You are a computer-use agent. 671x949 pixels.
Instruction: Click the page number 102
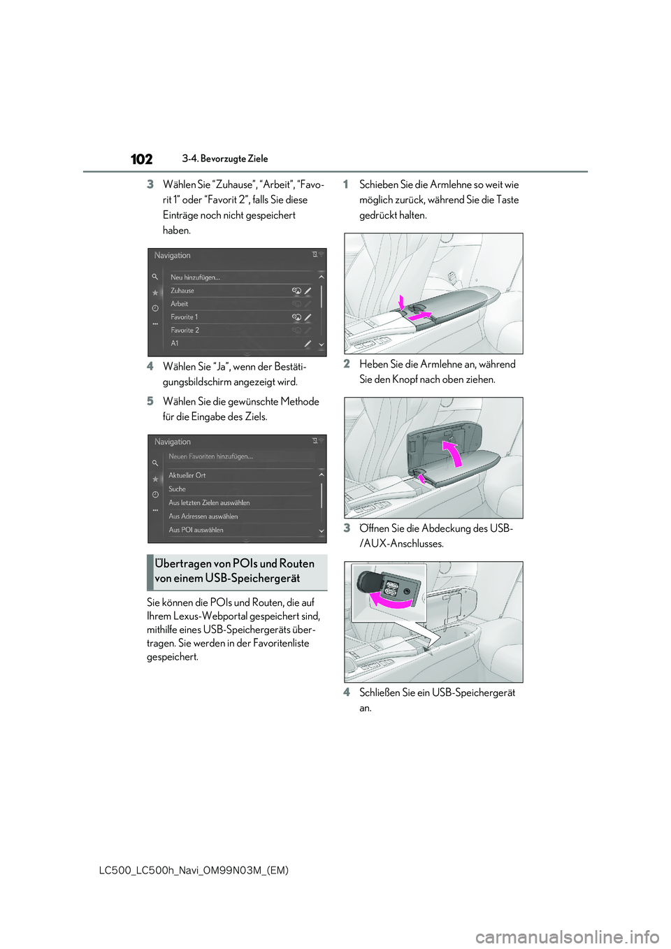click(x=141, y=159)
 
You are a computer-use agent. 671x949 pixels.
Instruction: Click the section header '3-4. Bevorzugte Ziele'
click(x=225, y=159)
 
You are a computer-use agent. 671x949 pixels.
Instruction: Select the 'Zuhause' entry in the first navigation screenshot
click(x=182, y=291)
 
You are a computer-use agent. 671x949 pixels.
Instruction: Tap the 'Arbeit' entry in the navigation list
click(x=180, y=304)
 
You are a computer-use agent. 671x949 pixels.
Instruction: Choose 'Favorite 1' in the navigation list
click(x=185, y=317)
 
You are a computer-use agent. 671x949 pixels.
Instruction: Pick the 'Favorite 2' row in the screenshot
click(x=185, y=331)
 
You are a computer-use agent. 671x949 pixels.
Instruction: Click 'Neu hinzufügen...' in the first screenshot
click(x=195, y=277)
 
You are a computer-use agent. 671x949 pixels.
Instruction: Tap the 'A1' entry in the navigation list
click(x=175, y=344)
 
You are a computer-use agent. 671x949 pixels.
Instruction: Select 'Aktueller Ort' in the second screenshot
click(x=187, y=475)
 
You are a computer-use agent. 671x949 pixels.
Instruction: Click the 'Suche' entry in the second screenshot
click(x=178, y=489)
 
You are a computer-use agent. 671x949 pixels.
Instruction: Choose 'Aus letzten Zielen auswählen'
click(x=209, y=502)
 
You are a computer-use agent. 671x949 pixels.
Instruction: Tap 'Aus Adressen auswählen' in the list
click(x=203, y=516)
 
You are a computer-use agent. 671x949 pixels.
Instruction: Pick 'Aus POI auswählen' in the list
click(x=196, y=530)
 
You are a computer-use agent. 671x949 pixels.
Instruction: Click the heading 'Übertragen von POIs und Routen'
click(x=235, y=564)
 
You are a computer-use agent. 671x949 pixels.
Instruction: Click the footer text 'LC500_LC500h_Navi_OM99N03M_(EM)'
click(x=194, y=870)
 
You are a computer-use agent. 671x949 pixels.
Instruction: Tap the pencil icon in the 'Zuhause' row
click(x=308, y=291)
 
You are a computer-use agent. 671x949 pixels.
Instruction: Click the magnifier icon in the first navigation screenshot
click(x=155, y=277)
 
